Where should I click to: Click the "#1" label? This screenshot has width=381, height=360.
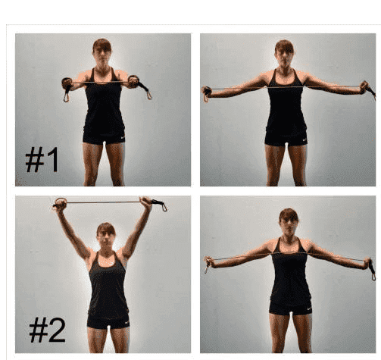pos(42,160)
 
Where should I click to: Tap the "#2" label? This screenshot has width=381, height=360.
pos(47,330)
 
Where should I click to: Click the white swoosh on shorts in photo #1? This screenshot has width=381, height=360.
pos(123,138)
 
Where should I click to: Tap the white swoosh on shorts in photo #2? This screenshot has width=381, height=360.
pos(126,322)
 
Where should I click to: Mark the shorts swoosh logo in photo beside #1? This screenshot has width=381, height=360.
pos(304,139)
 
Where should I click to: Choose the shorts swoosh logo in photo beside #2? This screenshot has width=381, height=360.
pos(309,308)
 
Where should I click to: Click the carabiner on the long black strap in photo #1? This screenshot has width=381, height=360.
pos(149,95)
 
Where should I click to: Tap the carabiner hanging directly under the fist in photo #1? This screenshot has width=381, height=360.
pos(66,97)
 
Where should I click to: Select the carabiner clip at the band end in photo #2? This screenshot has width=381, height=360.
pos(164,207)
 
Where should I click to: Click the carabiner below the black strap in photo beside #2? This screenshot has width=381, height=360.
pos(373,276)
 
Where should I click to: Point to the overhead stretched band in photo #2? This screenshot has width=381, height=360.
pos(104,202)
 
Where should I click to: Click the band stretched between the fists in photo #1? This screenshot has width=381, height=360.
pos(101,82)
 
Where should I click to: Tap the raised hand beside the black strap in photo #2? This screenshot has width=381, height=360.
pos(146,202)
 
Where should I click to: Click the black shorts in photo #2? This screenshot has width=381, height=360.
pos(108,321)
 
